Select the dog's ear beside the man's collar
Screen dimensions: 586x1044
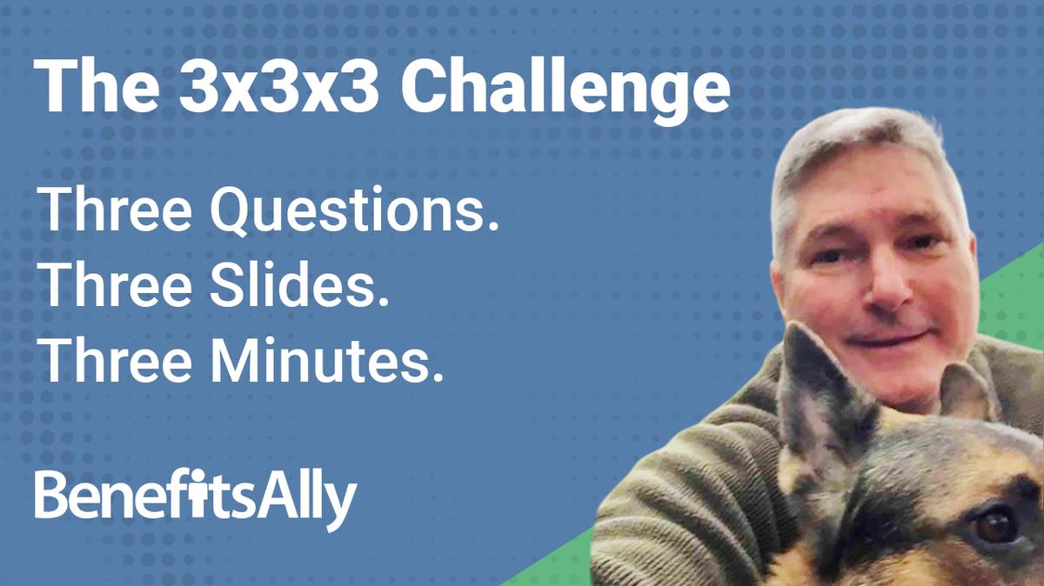[966, 391]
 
